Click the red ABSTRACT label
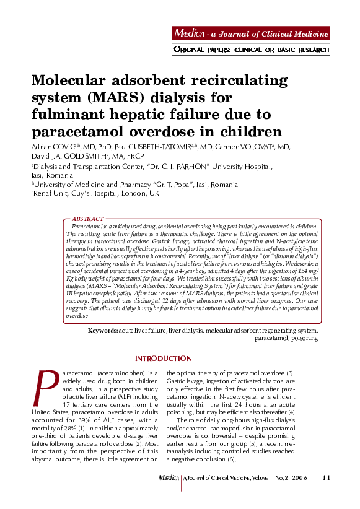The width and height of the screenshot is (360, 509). [x=88, y=219]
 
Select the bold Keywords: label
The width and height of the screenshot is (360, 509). [x=103, y=331]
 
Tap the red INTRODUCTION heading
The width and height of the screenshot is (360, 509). [x=164, y=359]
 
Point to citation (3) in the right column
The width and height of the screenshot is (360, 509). [x=289, y=373]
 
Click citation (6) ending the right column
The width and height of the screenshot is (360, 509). [x=231, y=460]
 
